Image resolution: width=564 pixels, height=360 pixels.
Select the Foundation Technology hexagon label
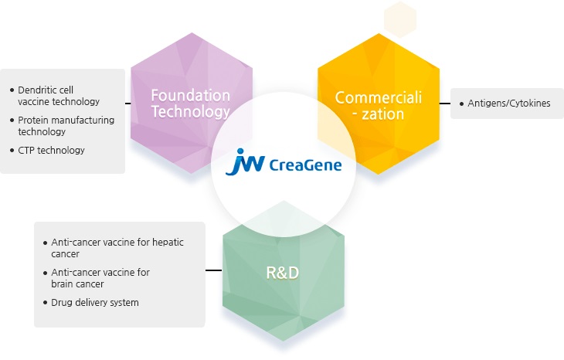191,103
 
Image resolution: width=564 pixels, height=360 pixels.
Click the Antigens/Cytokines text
509,103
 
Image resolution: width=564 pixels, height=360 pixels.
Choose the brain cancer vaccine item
100,277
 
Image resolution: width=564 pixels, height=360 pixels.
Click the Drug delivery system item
94,302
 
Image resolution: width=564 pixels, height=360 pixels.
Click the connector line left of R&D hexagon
213,270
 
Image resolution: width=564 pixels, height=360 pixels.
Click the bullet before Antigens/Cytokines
461,103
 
